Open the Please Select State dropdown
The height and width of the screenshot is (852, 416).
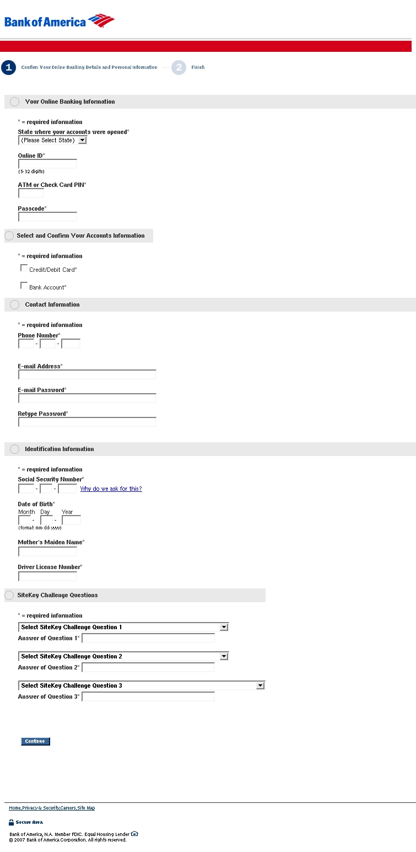pyautogui.click(x=52, y=140)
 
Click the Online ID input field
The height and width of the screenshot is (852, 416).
pyautogui.click(x=47, y=164)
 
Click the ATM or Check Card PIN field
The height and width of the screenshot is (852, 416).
pyautogui.click(x=31, y=193)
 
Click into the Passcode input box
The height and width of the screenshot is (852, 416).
pyautogui.click(x=47, y=217)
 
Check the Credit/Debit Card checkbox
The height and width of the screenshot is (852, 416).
pyautogui.click(x=24, y=268)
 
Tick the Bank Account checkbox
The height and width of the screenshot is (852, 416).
pyautogui.click(x=24, y=286)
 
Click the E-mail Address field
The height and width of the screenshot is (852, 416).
pyautogui.click(x=87, y=374)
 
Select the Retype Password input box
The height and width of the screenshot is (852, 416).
pyautogui.click(x=87, y=422)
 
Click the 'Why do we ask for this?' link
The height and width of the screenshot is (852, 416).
pyautogui.click(x=111, y=489)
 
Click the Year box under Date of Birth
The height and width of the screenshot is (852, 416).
pyautogui.click(x=71, y=520)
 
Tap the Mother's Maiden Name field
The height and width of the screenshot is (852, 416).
pyautogui.click(x=47, y=551)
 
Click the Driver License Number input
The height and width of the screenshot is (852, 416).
pyautogui.click(x=47, y=576)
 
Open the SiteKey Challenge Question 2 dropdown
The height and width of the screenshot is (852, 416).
pyautogui.click(x=123, y=656)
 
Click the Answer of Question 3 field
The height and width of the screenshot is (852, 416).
pyautogui.click(x=148, y=696)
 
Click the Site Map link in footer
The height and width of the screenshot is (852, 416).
pyautogui.click(x=86, y=808)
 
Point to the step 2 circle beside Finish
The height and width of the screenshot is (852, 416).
pyautogui.click(x=179, y=67)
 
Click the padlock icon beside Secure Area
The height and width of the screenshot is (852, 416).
pyautogui.click(x=12, y=822)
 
